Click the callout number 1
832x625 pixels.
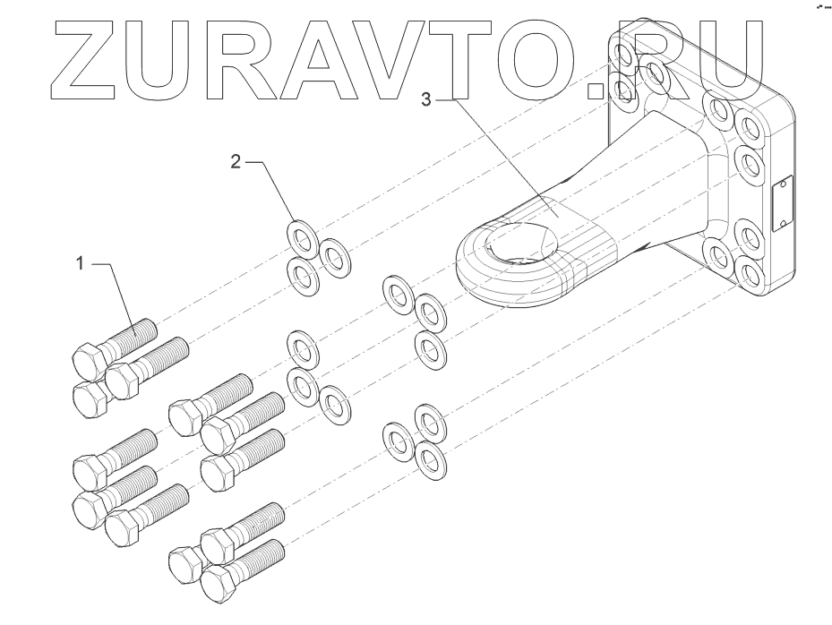pos(80,264)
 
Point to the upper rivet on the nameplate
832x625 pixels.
pos(783,185)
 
